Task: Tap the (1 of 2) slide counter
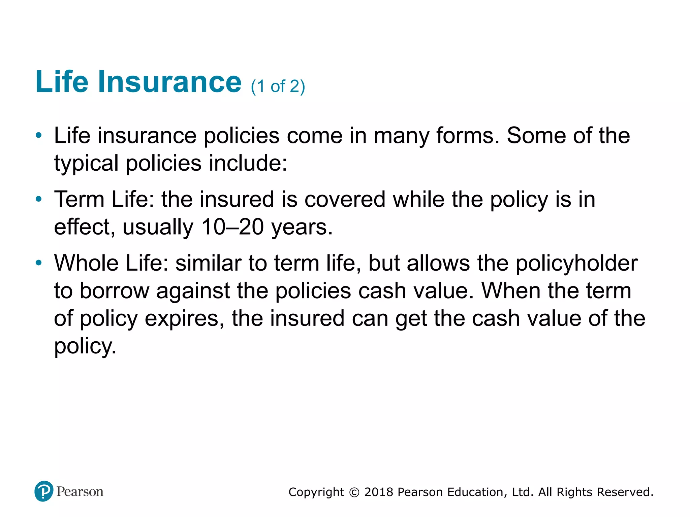click(278, 87)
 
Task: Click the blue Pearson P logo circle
click(44, 491)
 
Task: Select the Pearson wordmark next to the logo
click(80, 492)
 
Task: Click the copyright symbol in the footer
click(354, 492)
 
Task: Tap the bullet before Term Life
click(39, 199)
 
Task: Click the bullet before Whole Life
click(39, 263)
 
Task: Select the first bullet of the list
click(39, 136)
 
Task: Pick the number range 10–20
click(232, 227)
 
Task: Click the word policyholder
click(576, 264)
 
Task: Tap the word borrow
click(115, 291)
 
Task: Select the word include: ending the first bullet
click(248, 163)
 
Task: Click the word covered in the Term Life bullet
click(345, 199)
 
